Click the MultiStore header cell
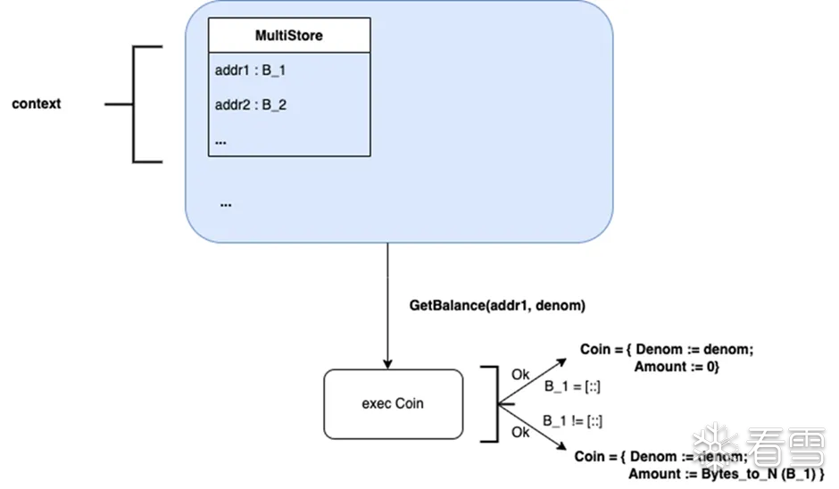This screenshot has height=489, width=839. pos(289,36)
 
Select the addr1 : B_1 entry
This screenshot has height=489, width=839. pos(250,69)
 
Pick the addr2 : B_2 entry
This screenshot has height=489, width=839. pos(251,104)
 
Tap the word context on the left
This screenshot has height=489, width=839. pos(37,104)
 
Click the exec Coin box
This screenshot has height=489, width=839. pos(393,403)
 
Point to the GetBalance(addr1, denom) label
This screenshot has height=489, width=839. pos(497,305)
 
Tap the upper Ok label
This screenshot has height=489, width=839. pos(520,375)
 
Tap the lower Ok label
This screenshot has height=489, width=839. pos(520,432)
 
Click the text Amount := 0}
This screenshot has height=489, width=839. pos(676,366)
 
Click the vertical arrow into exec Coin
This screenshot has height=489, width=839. pos(388,303)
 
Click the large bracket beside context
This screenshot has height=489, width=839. pos(134,104)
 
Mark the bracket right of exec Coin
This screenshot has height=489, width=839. pos(489,403)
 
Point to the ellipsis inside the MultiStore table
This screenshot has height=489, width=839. pos(220,141)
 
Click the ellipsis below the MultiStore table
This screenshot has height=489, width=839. pos(225,203)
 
